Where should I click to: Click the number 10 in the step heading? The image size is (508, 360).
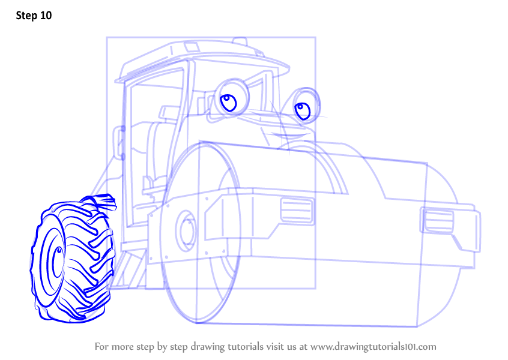(46, 16)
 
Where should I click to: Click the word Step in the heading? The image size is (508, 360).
(26, 16)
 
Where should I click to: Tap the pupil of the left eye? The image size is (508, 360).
(228, 103)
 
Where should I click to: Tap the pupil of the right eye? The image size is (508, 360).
(302, 111)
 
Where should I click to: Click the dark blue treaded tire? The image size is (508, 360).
(73, 259)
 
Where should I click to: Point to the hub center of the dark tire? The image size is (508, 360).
(59, 251)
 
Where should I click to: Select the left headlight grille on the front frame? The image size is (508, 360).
(297, 211)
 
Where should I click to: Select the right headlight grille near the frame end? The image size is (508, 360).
(438, 220)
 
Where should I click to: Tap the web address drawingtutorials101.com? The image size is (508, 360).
(373, 347)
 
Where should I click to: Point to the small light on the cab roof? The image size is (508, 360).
(240, 41)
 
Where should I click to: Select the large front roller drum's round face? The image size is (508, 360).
(201, 232)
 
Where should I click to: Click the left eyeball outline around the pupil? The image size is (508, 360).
(232, 98)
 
